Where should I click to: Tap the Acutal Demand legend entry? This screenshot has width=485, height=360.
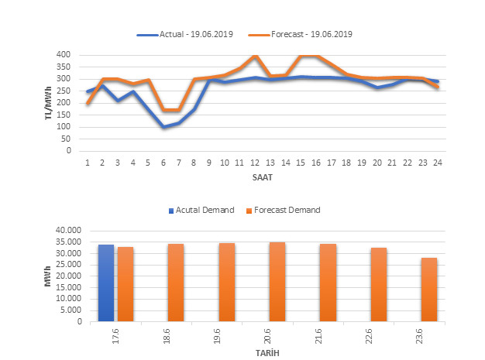(x=200, y=210)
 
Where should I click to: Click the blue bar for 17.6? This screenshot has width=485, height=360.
(x=106, y=283)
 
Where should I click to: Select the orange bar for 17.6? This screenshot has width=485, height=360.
(x=126, y=284)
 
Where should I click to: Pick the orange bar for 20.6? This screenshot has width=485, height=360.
(x=277, y=282)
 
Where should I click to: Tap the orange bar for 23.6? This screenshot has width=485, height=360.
(x=428, y=290)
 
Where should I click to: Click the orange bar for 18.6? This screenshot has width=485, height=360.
(x=176, y=283)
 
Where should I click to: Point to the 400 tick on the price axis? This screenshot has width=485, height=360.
(x=64, y=55)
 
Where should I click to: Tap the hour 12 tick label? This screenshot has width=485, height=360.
(x=255, y=163)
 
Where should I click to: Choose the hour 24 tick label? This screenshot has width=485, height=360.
(x=437, y=163)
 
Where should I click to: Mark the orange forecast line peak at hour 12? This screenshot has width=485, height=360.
(x=255, y=56)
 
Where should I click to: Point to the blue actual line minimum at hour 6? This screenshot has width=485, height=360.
(x=163, y=127)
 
